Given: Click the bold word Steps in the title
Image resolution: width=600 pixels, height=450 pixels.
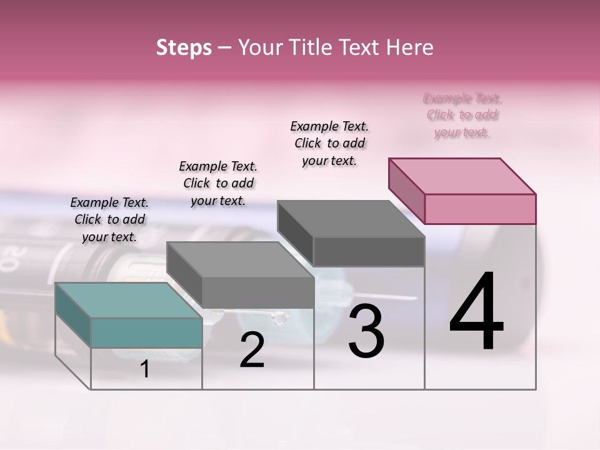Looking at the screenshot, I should pos(184,47).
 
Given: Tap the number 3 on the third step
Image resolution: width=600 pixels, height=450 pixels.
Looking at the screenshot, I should pos(366,331).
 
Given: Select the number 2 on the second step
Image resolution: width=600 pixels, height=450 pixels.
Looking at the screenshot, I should pos(252,350).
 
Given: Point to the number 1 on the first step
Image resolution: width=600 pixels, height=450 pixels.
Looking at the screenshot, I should pos(145,369).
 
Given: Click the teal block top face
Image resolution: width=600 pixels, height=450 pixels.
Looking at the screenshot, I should pos(128,300).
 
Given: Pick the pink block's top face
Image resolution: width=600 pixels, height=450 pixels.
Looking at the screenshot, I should pos(462,176).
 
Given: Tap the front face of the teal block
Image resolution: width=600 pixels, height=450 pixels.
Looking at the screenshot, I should pos(146,332).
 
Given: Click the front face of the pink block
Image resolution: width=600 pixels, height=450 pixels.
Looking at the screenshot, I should pos(480,209).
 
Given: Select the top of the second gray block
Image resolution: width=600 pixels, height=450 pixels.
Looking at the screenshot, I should pos(240,259).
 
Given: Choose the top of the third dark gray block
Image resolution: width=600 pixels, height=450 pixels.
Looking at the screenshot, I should pos(351,219).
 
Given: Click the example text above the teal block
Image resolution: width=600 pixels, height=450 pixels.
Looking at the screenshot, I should pos(109,219).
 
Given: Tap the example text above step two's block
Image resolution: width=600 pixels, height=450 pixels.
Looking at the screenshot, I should pos(218,183).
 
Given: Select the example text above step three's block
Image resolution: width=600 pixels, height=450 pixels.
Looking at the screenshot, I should pos(329,143).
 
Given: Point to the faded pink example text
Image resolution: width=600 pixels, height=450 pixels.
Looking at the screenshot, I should pos(462,115).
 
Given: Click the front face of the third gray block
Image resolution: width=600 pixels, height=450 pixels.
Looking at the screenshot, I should pos(369,252).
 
